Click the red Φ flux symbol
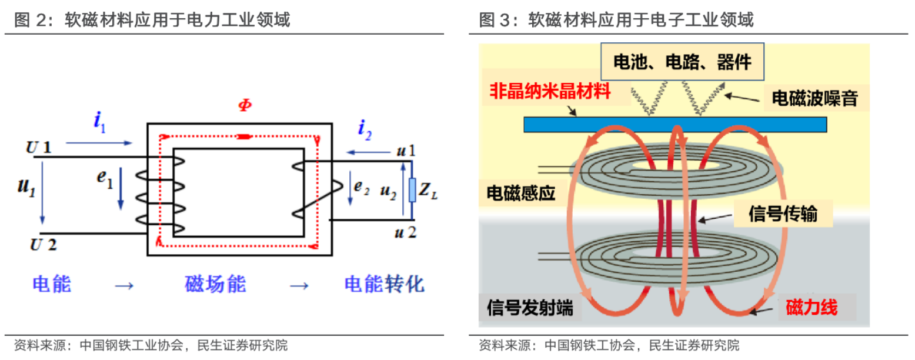pos(245,105)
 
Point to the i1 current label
pos(100,121)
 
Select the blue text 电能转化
pos(383,285)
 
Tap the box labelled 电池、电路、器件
pos(682,61)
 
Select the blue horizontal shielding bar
pos(674,124)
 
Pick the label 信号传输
pos(783,214)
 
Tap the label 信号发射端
pos(530,308)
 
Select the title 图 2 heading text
pos(152,21)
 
